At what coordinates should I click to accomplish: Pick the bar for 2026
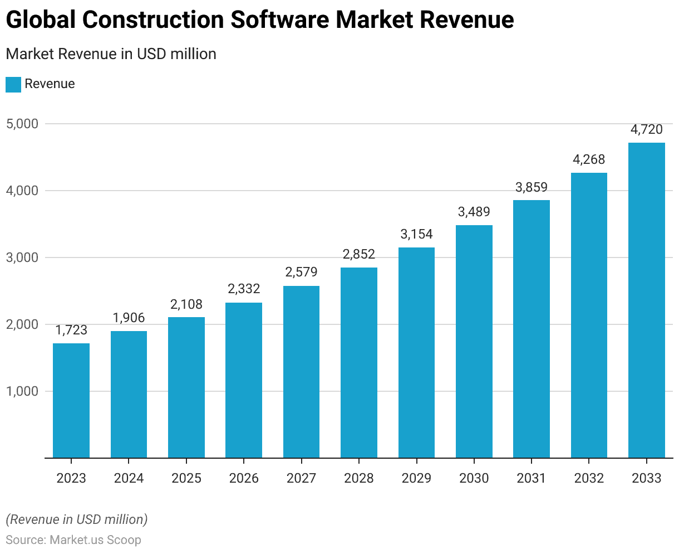tap(244, 380)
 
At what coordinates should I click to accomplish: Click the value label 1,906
tap(129, 318)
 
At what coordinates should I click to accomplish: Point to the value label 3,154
tap(416, 234)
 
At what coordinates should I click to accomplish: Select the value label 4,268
tap(589, 159)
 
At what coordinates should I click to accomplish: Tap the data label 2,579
tap(301, 272)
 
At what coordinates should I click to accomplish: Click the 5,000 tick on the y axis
tap(22, 124)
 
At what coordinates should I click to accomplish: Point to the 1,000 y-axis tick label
tap(22, 391)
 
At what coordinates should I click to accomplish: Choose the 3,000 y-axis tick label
tap(22, 257)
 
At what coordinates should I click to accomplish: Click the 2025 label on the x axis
tap(186, 478)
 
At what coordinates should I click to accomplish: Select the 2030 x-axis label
tap(474, 478)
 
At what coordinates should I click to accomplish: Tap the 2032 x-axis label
tap(589, 478)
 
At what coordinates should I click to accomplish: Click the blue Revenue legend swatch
tap(13, 84)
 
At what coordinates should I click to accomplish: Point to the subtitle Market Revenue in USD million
tap(111, 54)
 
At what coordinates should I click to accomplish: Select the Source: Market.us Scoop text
tap(73, 540)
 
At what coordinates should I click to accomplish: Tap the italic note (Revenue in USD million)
tap(77, 519)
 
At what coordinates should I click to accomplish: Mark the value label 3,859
tap(532, 187)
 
